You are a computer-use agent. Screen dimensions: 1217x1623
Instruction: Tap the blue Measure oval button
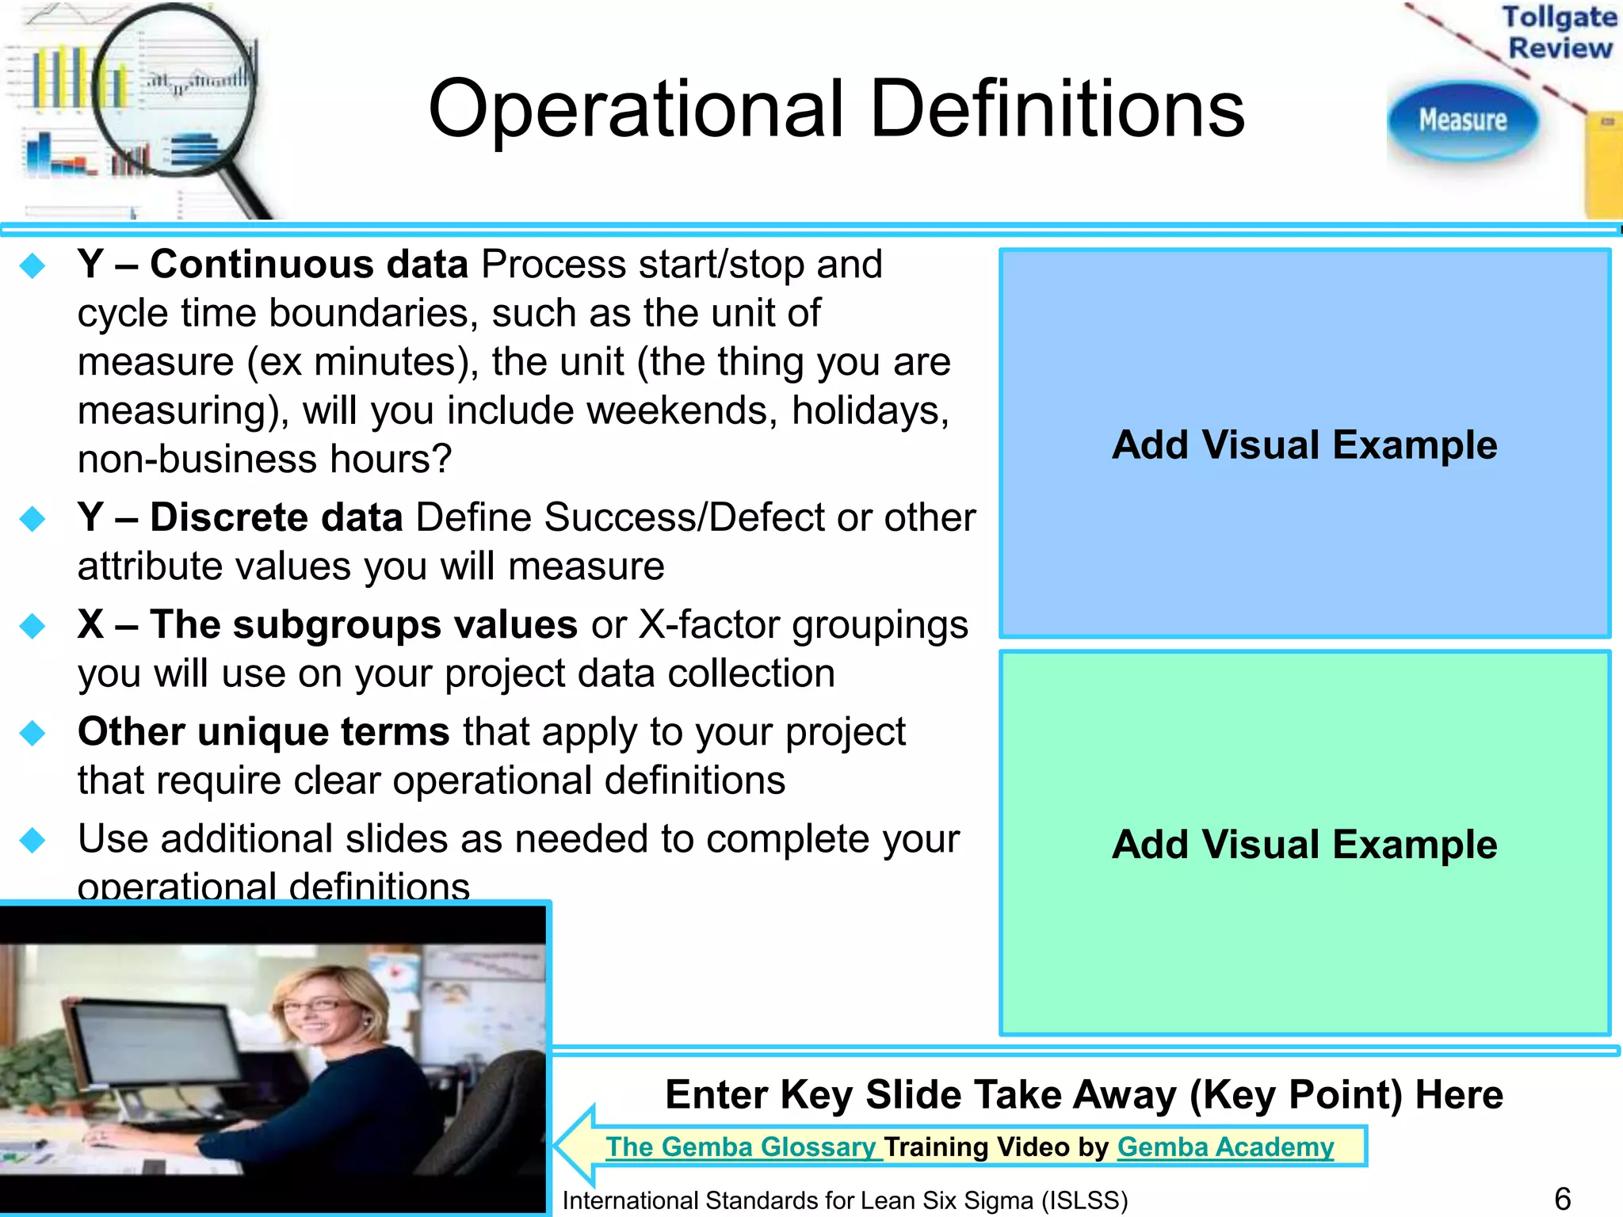[1462, 120]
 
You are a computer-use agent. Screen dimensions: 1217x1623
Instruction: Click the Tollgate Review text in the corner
[1559, 32]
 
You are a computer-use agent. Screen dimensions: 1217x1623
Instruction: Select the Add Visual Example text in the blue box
[1304, 444]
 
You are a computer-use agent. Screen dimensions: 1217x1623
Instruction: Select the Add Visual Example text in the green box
[1304, 845]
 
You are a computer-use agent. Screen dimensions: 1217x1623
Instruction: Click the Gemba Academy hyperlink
[1225, 1146]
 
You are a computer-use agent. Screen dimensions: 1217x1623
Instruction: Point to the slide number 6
[1562, 1198]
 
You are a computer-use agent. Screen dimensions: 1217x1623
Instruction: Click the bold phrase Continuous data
[309, 265]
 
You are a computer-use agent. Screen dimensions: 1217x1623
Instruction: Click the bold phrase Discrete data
[277, 518]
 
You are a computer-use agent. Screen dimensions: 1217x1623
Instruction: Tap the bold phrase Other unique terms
[263, 731]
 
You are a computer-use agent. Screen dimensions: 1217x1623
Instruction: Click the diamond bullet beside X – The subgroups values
[33, 626]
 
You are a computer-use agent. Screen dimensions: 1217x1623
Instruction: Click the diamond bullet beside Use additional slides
[33, 840]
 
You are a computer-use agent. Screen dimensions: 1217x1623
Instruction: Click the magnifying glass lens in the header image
[174, 87]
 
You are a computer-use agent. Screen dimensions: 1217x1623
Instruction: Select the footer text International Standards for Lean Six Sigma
[845, 1200]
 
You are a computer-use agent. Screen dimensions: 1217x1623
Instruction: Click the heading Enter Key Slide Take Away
[1083, 1095]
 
